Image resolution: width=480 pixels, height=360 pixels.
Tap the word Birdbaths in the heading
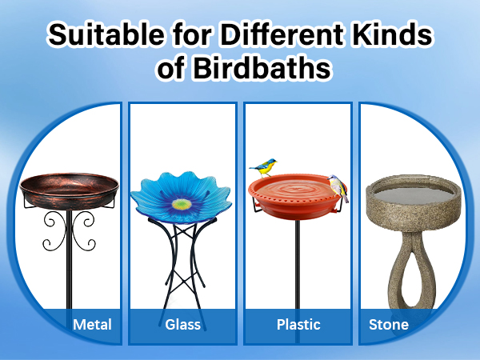pyautogui.click(x=262, y=68)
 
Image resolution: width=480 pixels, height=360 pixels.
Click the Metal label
pyautogui.click(x=92, y=325)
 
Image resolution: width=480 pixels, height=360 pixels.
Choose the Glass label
pyautogui.click(x=182, y=325)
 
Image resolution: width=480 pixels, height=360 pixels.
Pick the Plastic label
pyautogui.click(x=298, y=325)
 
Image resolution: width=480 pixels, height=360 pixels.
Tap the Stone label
pyautogui.click(x=389, y=325)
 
